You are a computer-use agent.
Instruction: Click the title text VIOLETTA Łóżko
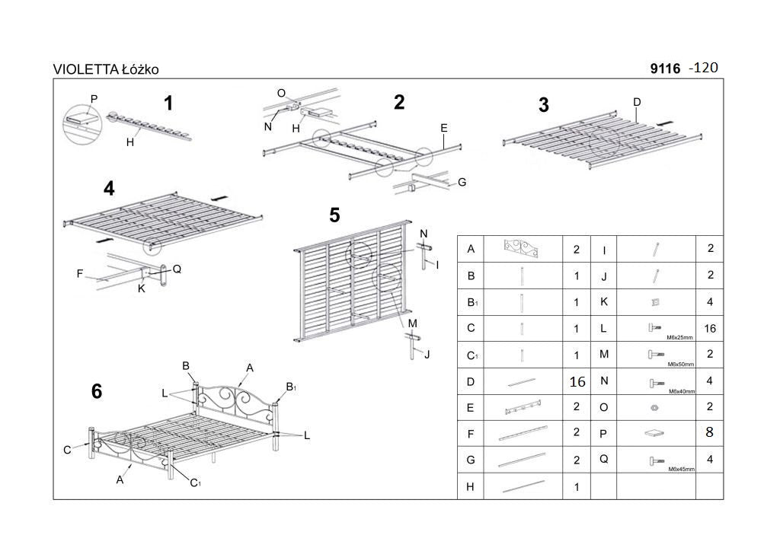click(106, 69)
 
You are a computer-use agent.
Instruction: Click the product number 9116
click(665, 68)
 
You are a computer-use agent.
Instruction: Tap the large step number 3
click(543, 106)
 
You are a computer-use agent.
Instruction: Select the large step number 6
click(96, 391)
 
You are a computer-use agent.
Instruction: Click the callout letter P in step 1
click(94, 99)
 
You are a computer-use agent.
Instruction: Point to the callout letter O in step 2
click(281, 93)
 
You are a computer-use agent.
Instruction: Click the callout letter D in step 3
click(637, 102)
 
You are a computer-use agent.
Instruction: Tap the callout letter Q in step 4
click(177, 269)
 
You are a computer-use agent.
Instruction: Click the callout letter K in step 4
click(142, 288)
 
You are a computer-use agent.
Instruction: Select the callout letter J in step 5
click(427, 354)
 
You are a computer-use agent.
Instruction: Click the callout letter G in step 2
click(462, 183)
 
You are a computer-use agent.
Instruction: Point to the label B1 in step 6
click(291, 387)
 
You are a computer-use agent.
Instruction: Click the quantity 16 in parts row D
click(577, 381)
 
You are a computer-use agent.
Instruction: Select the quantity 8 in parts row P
click(709, 432)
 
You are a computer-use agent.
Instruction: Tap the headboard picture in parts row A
click(522, 248)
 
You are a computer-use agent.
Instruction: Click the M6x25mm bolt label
click(680, 337)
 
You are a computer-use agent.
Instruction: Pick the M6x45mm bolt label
click(681, 470)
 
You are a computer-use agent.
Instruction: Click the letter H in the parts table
click(471, 486)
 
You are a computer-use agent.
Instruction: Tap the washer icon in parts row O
click(654, 408)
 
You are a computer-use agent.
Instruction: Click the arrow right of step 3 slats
click(666, 122)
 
